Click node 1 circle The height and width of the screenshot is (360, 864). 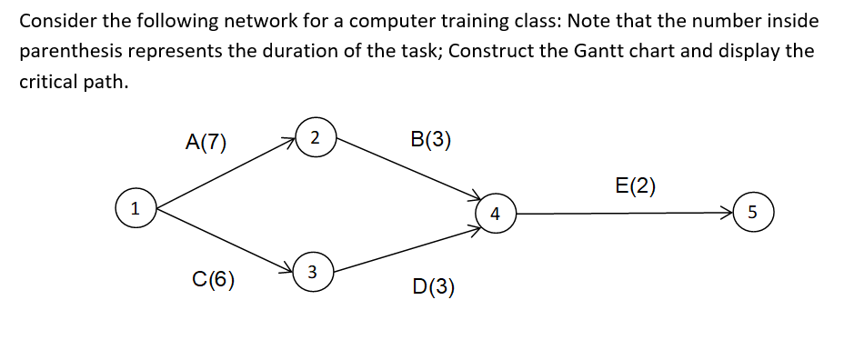135,208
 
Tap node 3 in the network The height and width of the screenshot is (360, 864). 313,271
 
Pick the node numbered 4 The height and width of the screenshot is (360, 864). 494,215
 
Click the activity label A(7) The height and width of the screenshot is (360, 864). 206,141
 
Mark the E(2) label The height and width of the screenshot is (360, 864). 635,186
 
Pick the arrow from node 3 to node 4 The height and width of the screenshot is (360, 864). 405,247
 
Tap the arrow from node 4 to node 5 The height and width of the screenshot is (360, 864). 623,215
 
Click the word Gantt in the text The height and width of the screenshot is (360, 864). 603,50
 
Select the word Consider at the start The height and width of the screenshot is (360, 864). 55,20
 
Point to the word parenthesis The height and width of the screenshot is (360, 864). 68,50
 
